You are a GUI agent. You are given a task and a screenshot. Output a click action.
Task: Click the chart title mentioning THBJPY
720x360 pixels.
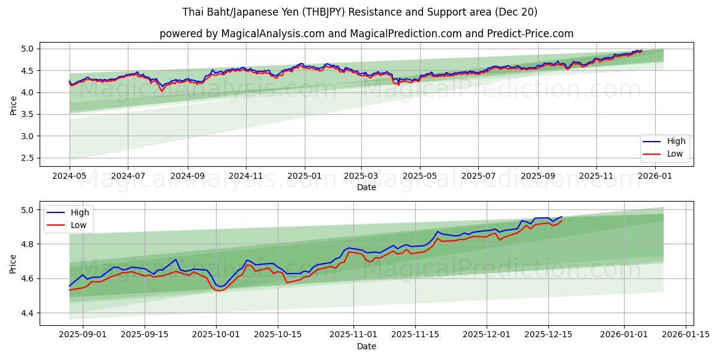(360, 12)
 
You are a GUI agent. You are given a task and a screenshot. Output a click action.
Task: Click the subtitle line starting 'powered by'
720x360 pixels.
(366, 34)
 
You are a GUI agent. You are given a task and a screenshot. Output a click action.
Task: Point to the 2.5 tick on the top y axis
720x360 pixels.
(29, 158)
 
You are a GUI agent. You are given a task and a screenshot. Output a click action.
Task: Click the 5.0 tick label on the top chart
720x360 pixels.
(29, 49)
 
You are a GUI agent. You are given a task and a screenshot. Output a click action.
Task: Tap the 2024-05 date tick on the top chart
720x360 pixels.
(70, 176)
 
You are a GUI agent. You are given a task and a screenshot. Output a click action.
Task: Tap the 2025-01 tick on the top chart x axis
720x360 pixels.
(304, 176)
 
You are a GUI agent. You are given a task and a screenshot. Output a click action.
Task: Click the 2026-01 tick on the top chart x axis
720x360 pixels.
(655, 176)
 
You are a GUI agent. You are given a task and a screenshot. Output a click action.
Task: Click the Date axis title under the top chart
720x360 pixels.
(366, 187)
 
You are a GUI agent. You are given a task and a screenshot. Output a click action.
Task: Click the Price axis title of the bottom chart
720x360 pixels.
(14, 263)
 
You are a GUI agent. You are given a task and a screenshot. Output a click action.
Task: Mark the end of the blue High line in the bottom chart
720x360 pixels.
(562, 217)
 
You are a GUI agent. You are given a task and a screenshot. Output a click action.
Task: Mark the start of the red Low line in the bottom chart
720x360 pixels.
(70, 290)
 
